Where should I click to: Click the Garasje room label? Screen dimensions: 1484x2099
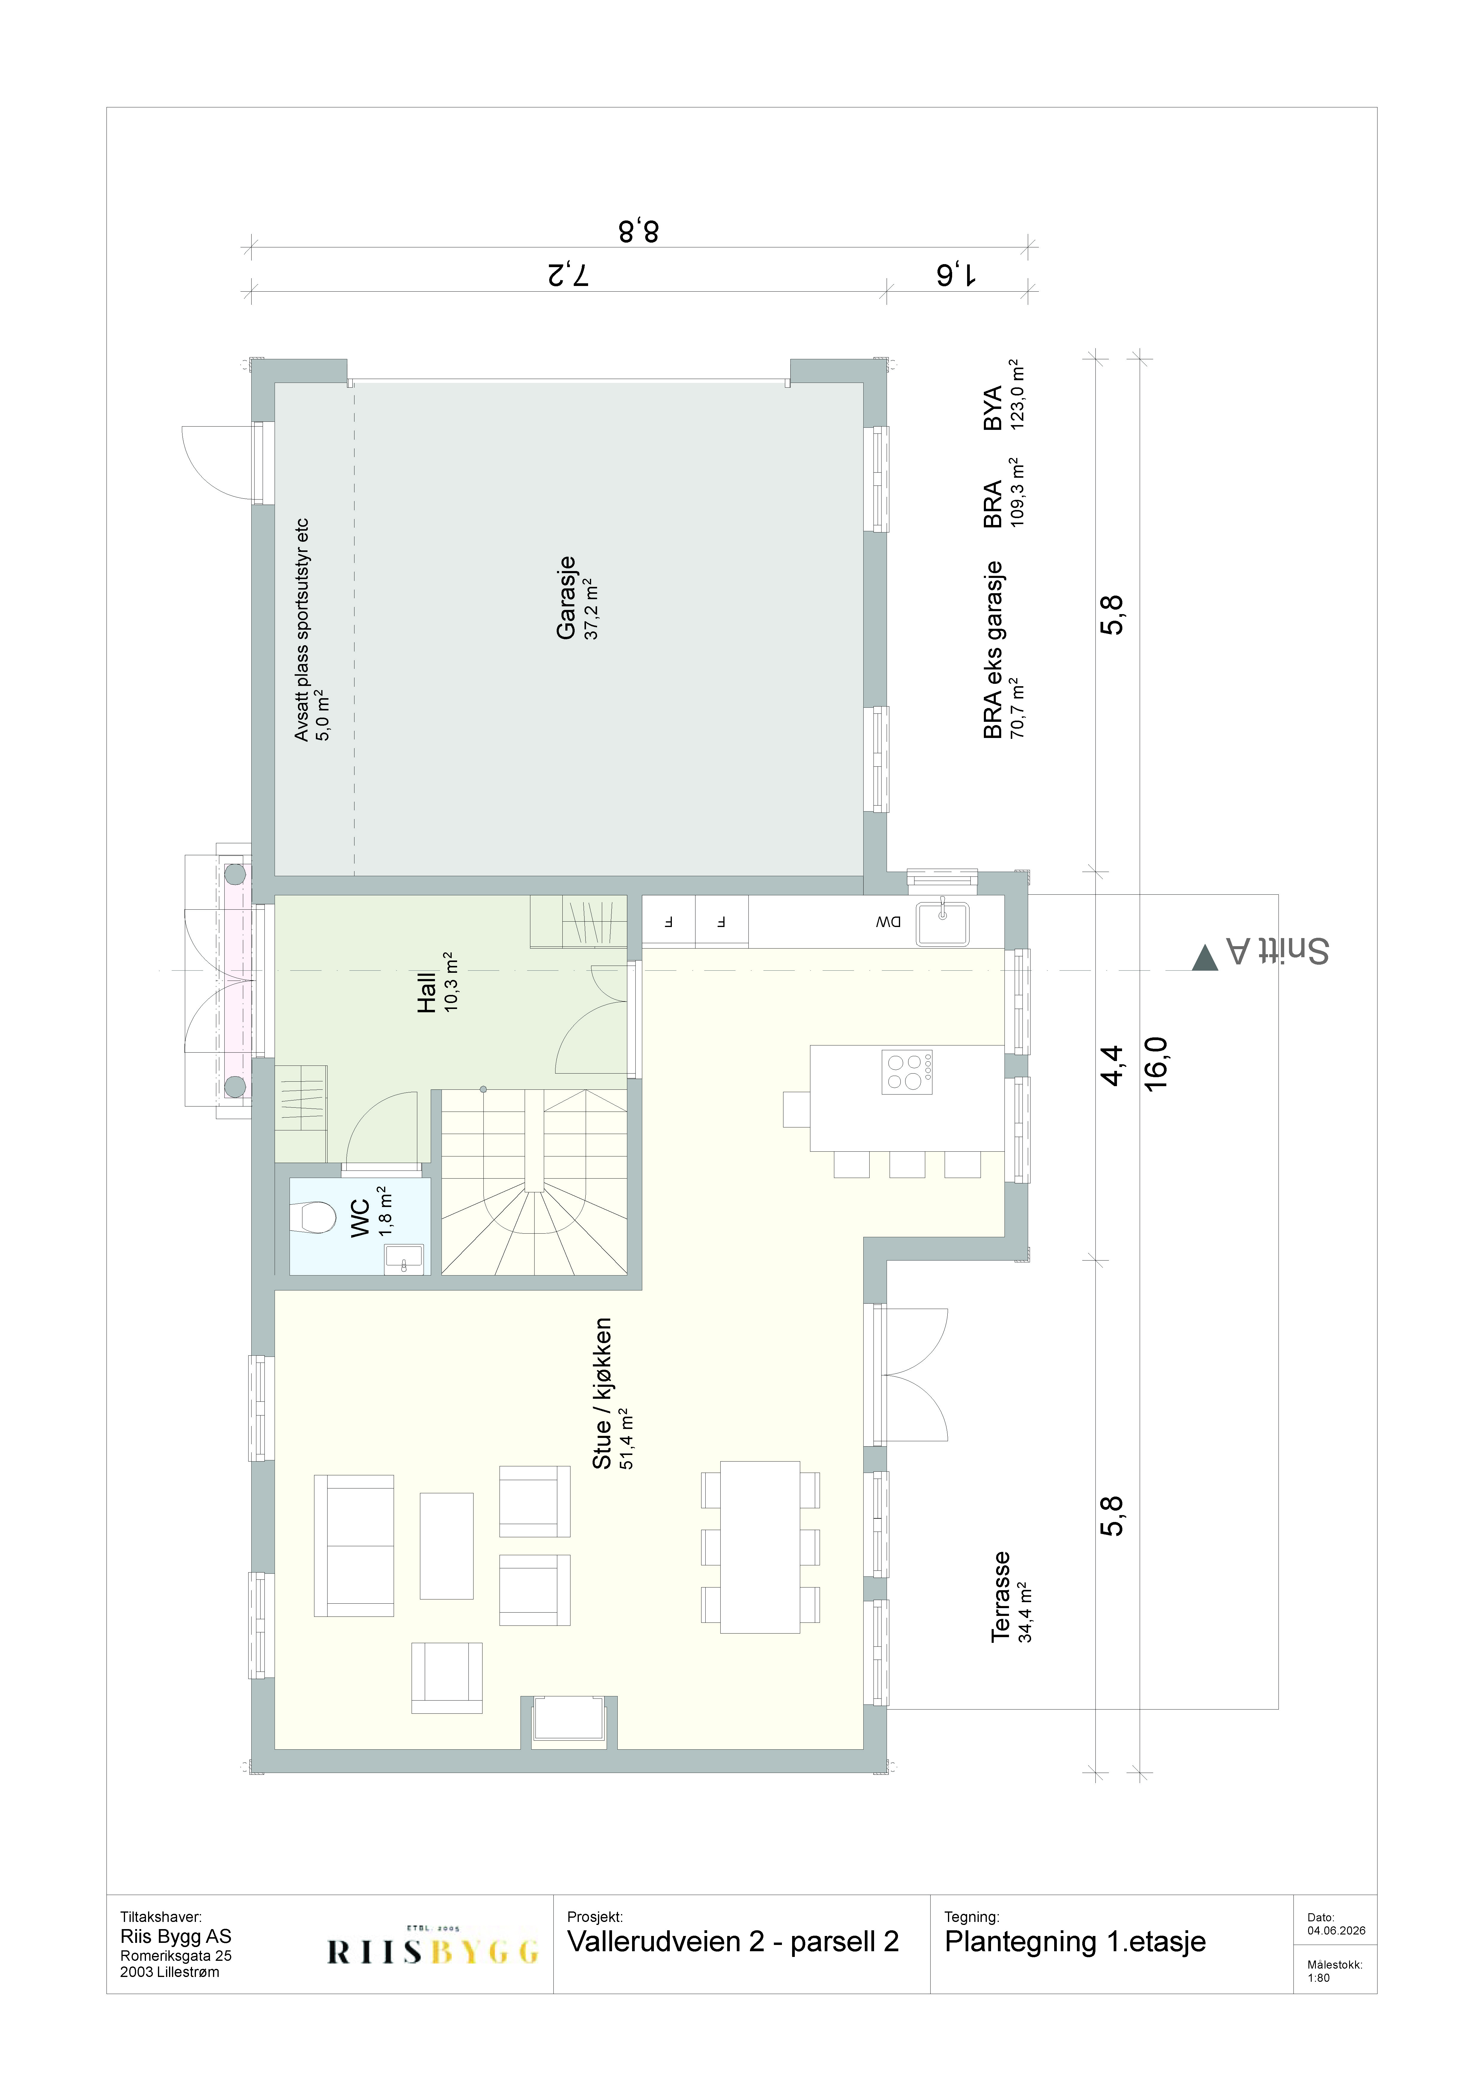click(566, 597)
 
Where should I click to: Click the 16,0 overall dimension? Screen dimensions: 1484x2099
click(1157, 1063)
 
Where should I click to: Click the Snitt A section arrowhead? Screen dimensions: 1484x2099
click(1205, 957)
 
